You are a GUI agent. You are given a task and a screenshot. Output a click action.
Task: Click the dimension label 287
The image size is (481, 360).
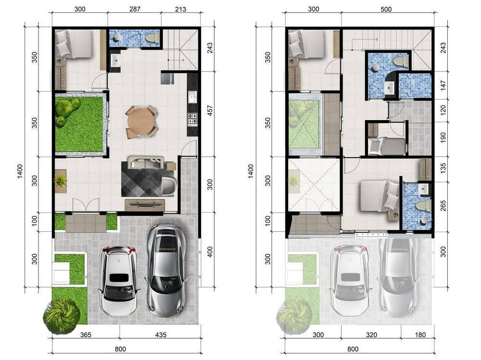pyautogui.click(x=135, y=9)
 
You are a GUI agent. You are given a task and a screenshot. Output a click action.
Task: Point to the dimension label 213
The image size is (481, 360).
pyautogui.click(x=180, y=9)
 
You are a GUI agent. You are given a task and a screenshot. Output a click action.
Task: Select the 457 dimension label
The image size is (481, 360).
pyautogui.click(x=210, y=111)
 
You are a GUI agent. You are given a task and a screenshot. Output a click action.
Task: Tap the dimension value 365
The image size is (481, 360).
pyautogui.click(x=86, y=335)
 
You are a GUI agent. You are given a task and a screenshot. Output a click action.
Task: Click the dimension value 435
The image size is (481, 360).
pyautogui.click(x=161, y=335)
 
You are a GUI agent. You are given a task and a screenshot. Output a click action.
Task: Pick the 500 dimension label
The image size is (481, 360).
pyautogui.click(x=386, y=9)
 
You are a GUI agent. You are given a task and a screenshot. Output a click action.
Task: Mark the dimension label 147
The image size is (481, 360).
pyautogui.click(x=443, y=85)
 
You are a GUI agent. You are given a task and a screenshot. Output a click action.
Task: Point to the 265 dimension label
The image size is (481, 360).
pyautogui.click(x=443, y=205)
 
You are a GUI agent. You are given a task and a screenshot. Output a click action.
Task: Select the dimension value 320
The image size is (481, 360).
pyautogui.click(x=371, y=335)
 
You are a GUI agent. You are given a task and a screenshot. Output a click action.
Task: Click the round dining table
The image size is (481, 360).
pyautogui.click(x=141, y=122)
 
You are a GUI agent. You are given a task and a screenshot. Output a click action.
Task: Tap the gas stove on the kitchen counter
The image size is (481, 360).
pyautogui.click(x=193, y=119)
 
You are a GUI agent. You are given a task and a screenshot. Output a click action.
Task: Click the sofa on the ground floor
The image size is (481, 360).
pyautogui.click(x=146, y=162)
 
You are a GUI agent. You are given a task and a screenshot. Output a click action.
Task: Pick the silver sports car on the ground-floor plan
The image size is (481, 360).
pyautogui.click(x=167, y=270)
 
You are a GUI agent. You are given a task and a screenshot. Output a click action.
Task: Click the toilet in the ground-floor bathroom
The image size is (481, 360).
pyautogui.click(x=152, y=38)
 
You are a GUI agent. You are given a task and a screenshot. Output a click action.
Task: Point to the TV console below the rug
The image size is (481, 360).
pyautogui.click(x=144, y=205)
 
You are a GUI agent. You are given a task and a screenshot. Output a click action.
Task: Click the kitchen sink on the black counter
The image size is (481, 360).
pyautogui.click(x=193, y=97)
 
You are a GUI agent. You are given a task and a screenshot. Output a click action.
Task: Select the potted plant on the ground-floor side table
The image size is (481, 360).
pyautogui.click(x=61, y=180)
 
